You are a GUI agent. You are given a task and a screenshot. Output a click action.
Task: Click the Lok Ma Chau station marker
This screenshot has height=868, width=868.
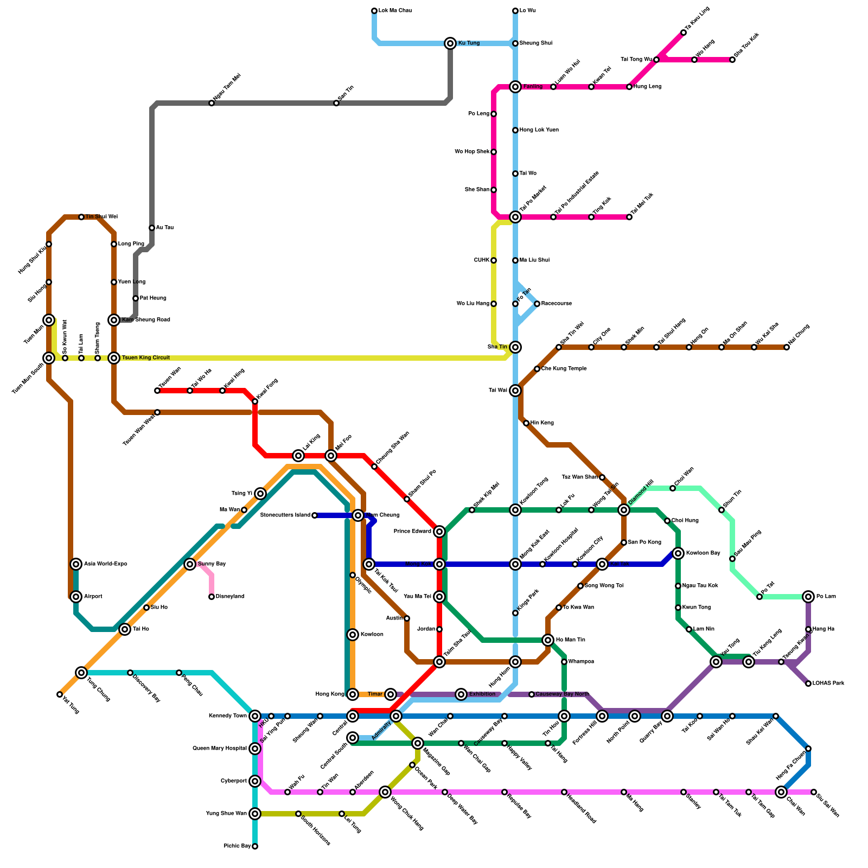point(374,11)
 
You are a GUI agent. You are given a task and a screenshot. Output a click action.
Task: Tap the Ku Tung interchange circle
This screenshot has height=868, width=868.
point(450,43)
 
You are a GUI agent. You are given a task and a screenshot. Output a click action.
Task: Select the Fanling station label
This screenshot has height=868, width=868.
point(533,87)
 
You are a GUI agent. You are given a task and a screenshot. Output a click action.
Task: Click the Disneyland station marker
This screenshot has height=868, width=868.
point(212,597)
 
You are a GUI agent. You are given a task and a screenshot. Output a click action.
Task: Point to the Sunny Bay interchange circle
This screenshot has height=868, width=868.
point(190,564)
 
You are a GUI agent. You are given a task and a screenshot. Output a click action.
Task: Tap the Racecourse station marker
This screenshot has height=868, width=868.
point(537,304)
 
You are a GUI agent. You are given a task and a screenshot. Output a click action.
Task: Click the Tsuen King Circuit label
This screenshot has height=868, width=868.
point(146,358)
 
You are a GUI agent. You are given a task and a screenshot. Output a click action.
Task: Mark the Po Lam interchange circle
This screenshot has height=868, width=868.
point(808,597)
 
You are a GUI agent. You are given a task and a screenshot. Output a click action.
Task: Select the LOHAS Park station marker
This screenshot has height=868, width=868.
point(808,684)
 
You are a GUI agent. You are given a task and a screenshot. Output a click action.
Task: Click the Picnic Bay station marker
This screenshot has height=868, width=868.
point(255,846)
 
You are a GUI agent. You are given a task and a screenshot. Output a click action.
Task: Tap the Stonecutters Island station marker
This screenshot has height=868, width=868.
point(315,515)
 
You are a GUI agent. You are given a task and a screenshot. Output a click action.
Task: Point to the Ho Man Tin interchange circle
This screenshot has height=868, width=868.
point(548,640)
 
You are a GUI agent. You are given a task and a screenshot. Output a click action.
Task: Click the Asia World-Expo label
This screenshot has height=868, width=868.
point(106,564)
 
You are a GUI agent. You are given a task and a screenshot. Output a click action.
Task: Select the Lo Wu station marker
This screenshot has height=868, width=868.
point(515,11)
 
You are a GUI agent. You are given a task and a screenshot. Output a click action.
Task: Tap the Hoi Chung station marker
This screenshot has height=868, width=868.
point(787,347)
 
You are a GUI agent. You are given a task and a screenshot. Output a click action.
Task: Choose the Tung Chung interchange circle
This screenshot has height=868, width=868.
point(81,673)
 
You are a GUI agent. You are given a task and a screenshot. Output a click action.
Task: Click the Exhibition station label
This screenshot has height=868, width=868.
point(482,694)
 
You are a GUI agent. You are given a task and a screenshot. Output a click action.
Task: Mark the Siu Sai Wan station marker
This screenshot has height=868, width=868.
point(814,792)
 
